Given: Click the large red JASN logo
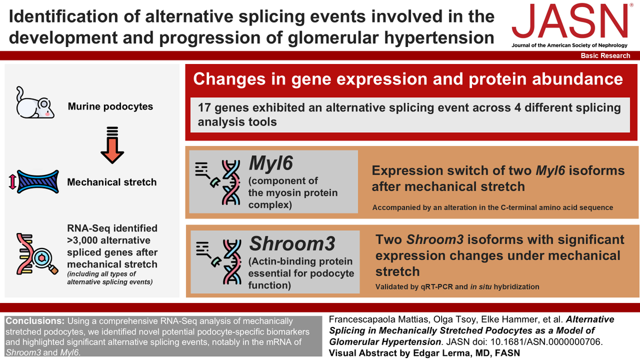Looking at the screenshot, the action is [x=570, y=22].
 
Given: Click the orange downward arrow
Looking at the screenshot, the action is [x=113, y=145].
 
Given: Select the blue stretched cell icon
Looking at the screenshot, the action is [x=38, y=182].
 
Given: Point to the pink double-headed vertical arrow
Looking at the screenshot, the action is [x=12, y=182].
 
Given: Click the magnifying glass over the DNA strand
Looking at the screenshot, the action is [x=45, y=261].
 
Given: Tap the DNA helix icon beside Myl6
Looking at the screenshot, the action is [x=231, y=182].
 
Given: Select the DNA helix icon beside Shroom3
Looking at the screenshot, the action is [x=232, y=262].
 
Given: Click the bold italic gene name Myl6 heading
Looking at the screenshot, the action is [x=271, y=163].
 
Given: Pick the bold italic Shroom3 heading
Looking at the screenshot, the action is [x=292, y=243].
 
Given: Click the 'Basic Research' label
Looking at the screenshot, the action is [x=605, y=55].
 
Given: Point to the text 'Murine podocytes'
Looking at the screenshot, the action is [x=110, y=107].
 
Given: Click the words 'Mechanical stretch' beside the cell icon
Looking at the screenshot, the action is [x=111, y=182].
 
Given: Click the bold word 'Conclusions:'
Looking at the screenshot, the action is [x=35, y=321].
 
